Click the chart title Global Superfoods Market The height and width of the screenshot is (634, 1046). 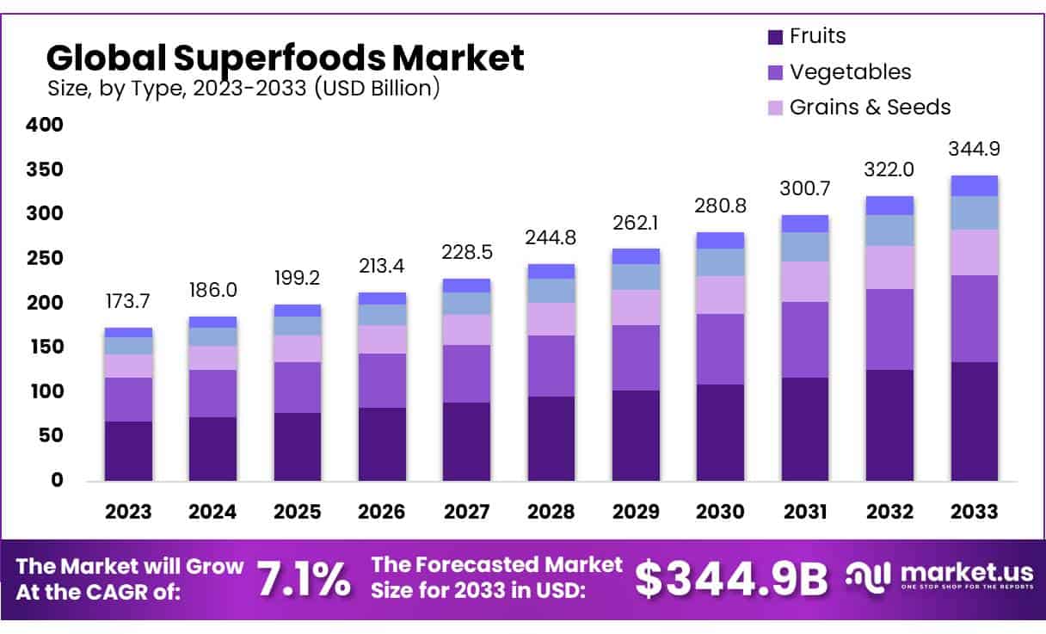[285, 58]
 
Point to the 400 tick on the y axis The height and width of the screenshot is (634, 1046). [45, 125]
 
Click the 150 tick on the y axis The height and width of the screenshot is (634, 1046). [45, 347]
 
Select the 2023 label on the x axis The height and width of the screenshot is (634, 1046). [128, 512]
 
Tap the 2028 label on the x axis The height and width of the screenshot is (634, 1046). [551, 512]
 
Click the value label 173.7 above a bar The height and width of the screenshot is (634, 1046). [128, 303]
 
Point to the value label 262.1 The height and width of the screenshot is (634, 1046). [636, 223]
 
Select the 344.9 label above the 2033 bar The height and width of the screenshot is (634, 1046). [974, 149]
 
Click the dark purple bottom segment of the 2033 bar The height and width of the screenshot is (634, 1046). [974, 422]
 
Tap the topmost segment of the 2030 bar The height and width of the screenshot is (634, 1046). [720, 240]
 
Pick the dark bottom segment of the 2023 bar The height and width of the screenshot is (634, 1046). [128, 451]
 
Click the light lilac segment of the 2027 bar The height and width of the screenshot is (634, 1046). [467, 329]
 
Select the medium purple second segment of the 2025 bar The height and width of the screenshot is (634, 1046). [297, 387]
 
